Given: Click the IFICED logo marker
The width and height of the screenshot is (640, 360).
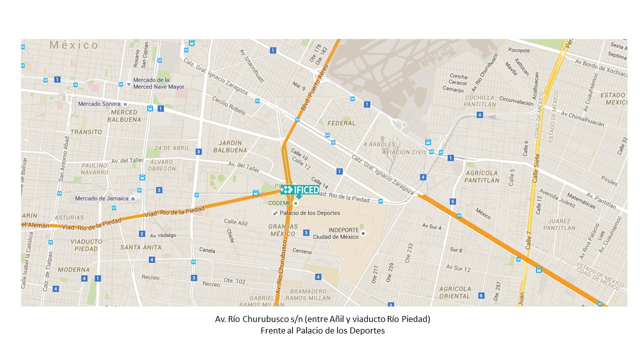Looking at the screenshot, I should (300, 189).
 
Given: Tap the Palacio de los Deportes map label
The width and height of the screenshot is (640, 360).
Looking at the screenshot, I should (309, 213).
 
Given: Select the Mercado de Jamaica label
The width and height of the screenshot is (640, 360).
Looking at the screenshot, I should (101, 198).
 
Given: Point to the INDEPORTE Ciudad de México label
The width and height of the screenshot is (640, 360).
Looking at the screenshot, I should (335, 233).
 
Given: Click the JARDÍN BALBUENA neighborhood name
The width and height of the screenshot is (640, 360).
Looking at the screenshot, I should (230, 146).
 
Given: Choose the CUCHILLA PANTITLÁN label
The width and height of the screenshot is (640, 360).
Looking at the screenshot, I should (479, 101).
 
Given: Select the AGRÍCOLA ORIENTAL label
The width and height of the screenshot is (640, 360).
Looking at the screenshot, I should (455, 292).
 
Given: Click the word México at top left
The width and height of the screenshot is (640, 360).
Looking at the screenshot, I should (74, 45).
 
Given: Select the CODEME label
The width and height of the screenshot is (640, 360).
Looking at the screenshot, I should (279, 203).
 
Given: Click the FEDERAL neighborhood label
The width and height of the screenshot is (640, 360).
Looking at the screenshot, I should (341, 123).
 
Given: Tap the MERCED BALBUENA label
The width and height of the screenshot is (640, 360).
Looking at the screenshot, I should (124, 116).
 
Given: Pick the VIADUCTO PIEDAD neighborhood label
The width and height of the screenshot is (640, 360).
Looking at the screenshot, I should (86, 245).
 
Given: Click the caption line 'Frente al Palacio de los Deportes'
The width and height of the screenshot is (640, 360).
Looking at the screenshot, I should (322, 330).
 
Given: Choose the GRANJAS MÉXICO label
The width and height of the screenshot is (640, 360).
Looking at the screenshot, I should (283, 230).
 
